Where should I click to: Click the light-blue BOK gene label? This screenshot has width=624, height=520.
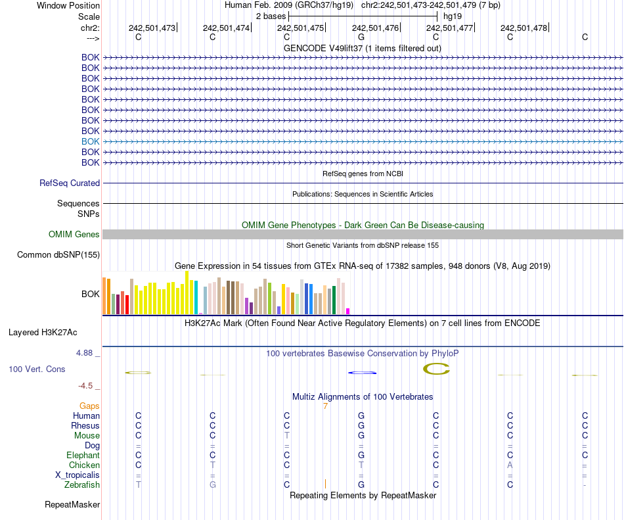click(91, 141)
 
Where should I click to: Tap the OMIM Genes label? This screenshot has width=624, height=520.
click(74, 235)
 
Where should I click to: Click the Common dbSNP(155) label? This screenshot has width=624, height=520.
click(58, 255)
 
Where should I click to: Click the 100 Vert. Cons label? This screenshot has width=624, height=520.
click(37, 369)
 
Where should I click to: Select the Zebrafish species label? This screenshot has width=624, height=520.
click(82, 485)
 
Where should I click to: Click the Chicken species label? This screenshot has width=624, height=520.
click(84, 465)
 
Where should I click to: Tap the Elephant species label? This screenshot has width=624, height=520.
click(83, 456)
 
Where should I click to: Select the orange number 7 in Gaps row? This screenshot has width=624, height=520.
click(325, 406)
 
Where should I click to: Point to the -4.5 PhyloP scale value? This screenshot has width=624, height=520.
click(88, 386)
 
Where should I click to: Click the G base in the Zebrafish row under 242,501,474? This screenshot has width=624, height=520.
click(212, 485)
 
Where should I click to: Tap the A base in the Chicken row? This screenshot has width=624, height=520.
click(510, 465)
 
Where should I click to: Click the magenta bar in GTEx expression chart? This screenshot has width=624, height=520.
click(348, 311)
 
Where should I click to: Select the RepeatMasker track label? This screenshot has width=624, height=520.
click(72, 505)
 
